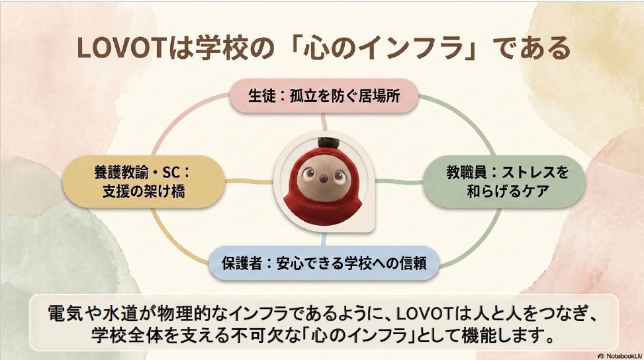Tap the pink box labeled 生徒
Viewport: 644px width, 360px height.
pos(324,96)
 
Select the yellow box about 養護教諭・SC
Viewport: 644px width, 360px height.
pos(144,181)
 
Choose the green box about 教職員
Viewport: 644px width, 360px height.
pos(504,181)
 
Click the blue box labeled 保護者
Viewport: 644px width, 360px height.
pos(324,263)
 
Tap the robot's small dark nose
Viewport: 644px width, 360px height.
pos(324,179)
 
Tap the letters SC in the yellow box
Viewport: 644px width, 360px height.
pos(171,173)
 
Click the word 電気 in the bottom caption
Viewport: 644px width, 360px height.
pos(64,314)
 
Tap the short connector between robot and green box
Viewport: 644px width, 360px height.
pos(399,181)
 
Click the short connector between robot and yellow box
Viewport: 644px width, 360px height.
pos(250,181)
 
